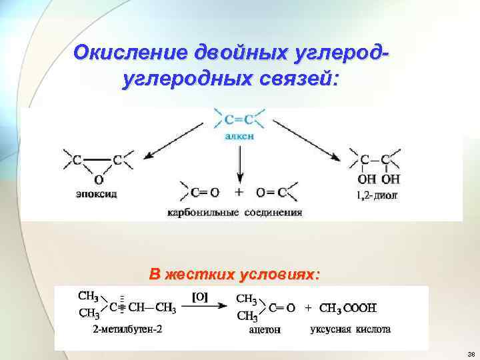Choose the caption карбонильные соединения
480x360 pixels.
(x=235, y=213)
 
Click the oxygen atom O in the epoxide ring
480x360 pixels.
(x=99, y=179)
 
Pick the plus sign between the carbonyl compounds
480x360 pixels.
(x=239, y=192)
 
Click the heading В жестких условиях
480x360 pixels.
(x=235, y=275)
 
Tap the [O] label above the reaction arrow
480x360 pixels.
(x=201, y=297)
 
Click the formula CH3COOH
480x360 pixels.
(x=348, y=308)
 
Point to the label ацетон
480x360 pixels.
(x=265, y=329)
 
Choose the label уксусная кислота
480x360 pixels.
(x=351, y=329)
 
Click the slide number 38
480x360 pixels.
(x=471, y=353)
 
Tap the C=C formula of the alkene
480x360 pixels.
(x=239, y=121)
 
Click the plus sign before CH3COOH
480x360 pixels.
(x=308, y=308)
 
